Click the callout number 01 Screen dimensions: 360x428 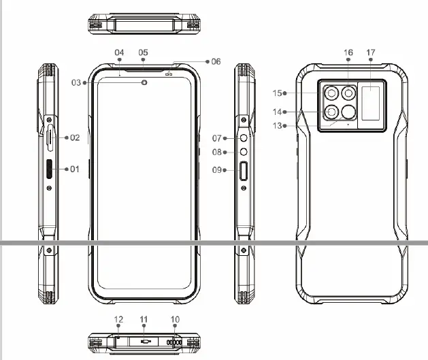coord(74,169)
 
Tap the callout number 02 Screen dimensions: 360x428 coord(74,137)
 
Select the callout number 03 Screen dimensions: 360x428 coord(76,83)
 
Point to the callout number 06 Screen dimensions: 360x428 coord(216,61)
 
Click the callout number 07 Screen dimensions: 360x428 coord(216,138)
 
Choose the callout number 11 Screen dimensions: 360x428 coord(144,319)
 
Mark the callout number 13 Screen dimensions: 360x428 coord(276,126)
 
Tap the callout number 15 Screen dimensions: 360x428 coord(276,93)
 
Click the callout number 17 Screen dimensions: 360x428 coord(370,52)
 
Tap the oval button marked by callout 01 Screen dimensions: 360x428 coord(50,169)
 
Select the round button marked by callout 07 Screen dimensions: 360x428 coord(244,138)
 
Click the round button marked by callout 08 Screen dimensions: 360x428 coord(244,153)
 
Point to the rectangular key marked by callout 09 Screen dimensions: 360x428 coord(244,171)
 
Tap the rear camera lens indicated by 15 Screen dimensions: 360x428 coord(331,93)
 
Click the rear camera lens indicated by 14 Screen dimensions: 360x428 coord(331,112)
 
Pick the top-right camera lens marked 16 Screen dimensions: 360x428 coord(350,93)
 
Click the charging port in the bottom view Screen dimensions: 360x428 coord(144,342)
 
